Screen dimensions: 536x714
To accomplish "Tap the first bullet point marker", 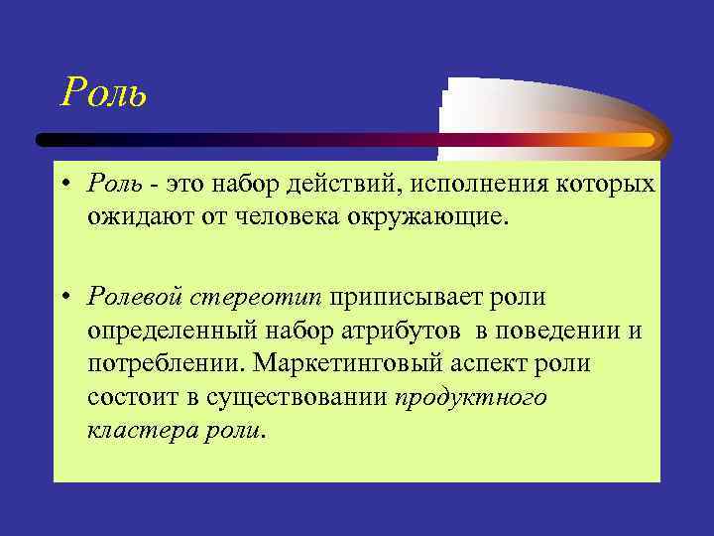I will click(65, 186).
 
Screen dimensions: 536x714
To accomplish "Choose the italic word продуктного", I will click(470, 396).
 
